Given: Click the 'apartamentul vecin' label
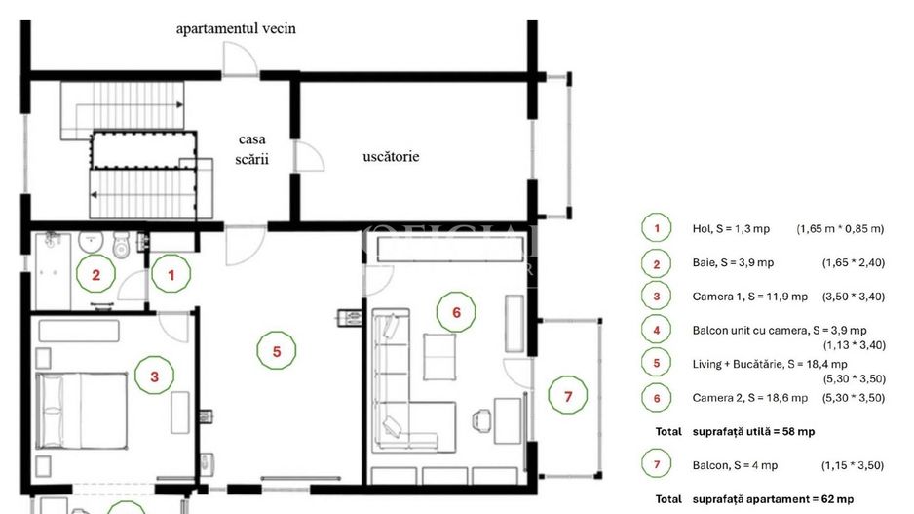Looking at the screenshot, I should (x=236, y=28).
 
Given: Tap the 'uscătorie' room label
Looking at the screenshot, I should (x=391, y=156).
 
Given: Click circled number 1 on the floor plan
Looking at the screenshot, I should (x=172, y=275).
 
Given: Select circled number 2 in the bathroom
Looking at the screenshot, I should (x=95, y=275).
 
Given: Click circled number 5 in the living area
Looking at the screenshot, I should (x=277, y=351).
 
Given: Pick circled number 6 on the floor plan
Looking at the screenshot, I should (x=456, y=312).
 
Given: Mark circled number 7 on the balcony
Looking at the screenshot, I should (x=568, y=396).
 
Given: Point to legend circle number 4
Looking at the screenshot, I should (x=657, y=331).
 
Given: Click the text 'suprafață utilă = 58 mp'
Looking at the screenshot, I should (x=753, y=431).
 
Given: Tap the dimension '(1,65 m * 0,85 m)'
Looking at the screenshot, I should (x=839, y=229).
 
